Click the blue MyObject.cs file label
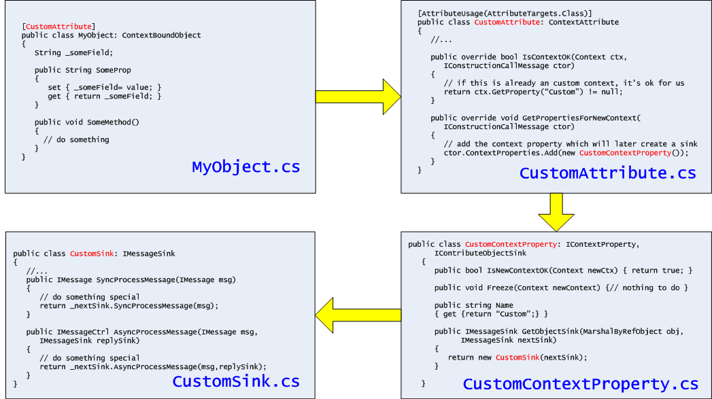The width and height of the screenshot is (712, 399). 245,167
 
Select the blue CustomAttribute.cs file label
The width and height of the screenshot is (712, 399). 607,173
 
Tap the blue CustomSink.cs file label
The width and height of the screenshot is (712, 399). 235,381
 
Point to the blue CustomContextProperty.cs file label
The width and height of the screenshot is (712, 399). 580,384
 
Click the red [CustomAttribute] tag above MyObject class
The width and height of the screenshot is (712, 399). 60,27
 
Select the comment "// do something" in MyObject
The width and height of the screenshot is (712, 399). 76,140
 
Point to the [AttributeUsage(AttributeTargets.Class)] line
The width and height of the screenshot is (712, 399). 505,14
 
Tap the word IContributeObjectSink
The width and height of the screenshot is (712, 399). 480,253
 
